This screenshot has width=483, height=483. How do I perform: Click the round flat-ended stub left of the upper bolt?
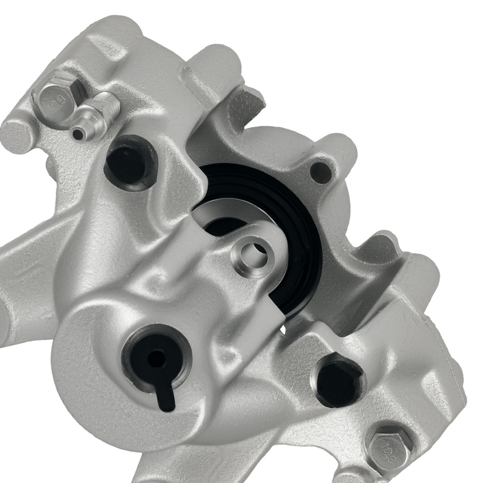point(17,131)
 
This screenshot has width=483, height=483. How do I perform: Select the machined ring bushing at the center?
point(250,253)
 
